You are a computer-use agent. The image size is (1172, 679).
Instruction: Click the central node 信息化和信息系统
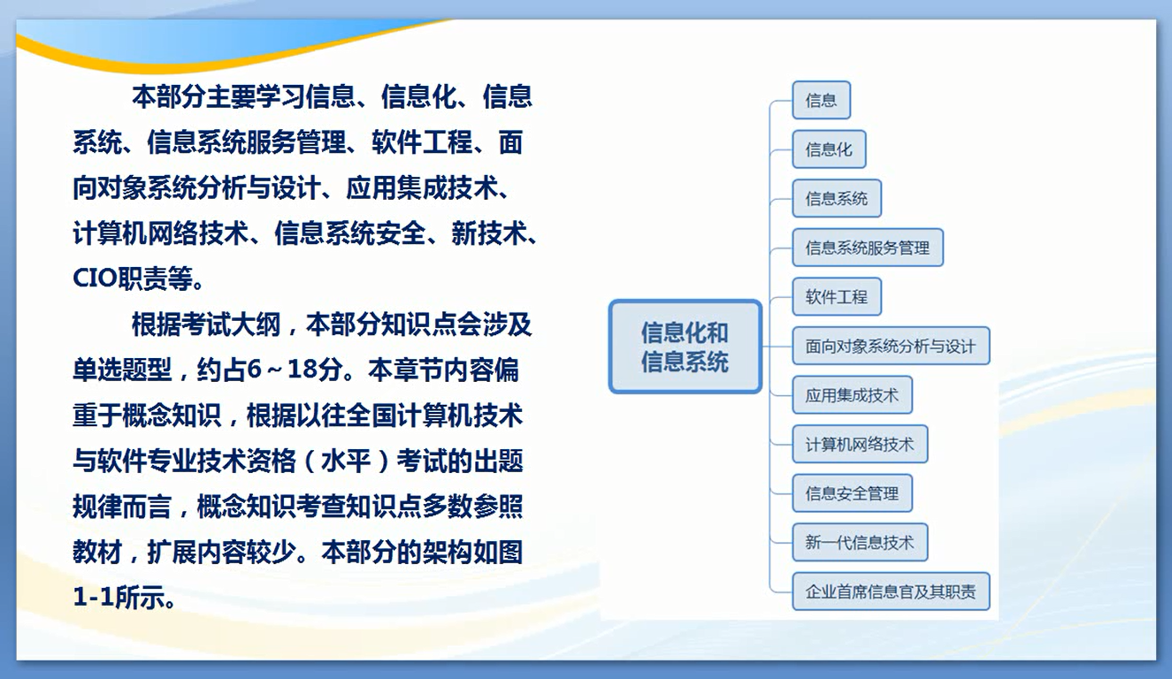tap(685, 347)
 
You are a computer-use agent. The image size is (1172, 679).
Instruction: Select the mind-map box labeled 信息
tap(821, 100)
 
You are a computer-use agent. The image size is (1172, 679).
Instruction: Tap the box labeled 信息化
tap(829, 149)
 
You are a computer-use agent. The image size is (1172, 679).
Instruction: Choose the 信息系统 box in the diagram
tap(837, 198)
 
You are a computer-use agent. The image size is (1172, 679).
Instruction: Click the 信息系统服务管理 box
tap(868, 248)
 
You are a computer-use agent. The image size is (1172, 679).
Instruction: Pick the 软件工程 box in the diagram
tap(837, 296)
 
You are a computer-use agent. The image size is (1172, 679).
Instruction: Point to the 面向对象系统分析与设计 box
tap(891, 346)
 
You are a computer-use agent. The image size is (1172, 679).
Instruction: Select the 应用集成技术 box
tap(853, 395)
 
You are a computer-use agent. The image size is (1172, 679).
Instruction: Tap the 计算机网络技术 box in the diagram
tap(860, 444)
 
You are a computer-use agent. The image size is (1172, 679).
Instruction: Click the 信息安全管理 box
tap(853, 493)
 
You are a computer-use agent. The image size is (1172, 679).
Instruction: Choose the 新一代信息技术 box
tap(860, 543)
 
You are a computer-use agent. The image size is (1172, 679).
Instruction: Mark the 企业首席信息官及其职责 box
tap(891, 591)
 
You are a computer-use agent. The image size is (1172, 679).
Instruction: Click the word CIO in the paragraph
tap(95, 278)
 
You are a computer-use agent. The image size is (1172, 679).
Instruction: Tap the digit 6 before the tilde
tap(254, 370)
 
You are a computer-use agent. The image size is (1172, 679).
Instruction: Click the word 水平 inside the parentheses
tap(347, 461)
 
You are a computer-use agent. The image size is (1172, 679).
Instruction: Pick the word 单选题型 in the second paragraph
tap(122, 370)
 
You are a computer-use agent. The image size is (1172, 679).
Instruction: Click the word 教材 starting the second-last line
tap(97, 552)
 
